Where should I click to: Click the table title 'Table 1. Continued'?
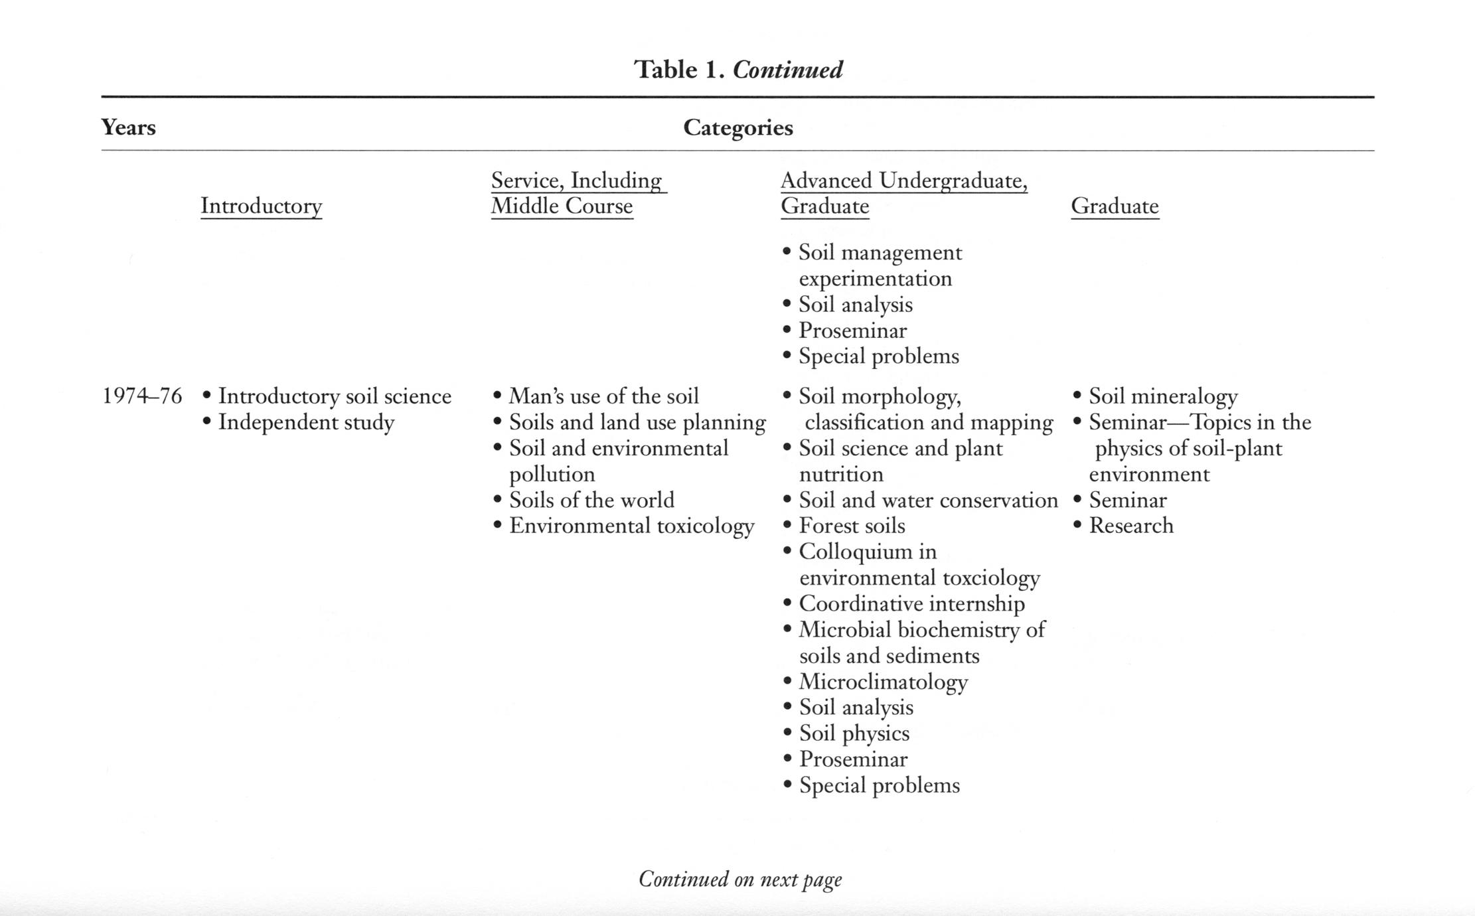click(x=738, y=70)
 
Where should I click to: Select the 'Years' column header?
click(x=128, y=127)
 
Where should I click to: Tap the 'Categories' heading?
click(x=738, y=127)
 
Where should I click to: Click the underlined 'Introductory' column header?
click(x=262, y=206)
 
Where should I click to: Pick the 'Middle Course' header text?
click(x=562, y=206)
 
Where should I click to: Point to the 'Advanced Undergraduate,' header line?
click(x=904, y=181)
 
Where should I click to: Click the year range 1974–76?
click(x=141, y=396)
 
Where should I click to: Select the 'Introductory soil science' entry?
click(x=335, y=396)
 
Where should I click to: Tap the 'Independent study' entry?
click(x=306, y=422)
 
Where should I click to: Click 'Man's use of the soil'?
click(x=603, y=396)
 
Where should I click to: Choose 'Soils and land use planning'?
click(x=637, y=422)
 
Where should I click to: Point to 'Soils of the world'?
click(x=591, y=500)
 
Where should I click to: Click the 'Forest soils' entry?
click(x=852, y=526)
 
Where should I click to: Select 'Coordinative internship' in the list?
click(x=911, y=604)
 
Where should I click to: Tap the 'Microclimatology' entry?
click(x=883, y=682)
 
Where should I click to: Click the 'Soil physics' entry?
click(x=854, y=733)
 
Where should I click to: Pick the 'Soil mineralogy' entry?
click(x=1163, y=396)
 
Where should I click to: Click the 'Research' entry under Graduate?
click(x=1131, y=526)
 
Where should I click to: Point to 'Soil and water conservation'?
click(x=928, y=500)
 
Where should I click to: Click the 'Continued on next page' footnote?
click(x=740, y=879)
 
